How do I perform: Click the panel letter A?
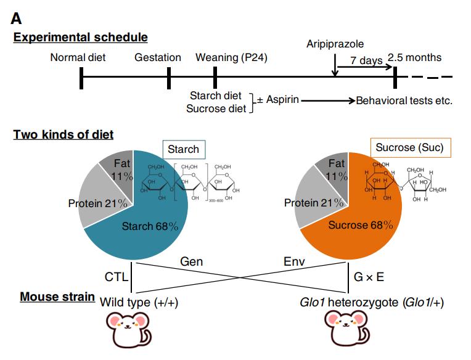(17, 17)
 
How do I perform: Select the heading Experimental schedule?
(81, 38)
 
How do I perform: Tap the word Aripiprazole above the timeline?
(335, 44)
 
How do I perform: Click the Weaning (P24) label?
(231, 58)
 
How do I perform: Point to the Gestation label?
(158, 58)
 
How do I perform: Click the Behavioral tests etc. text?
(404, 100)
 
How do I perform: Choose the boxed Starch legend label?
(184, 149)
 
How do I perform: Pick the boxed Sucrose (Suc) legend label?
(410, 148)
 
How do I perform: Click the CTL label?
(116, 277)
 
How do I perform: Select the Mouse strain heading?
(57, 297)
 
